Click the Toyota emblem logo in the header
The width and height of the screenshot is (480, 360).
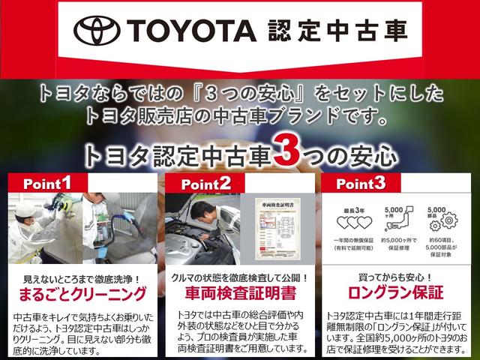click(x=100, y=31)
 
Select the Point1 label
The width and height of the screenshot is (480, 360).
click(x=47, y=183)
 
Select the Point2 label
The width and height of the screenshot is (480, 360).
click(x=204, y=183)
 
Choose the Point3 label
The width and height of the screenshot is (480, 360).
click(x=361, y=183)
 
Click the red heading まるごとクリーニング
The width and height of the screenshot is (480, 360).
click(x=79, y=292)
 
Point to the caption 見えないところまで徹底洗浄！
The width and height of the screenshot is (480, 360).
click(x=79, y=277)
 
